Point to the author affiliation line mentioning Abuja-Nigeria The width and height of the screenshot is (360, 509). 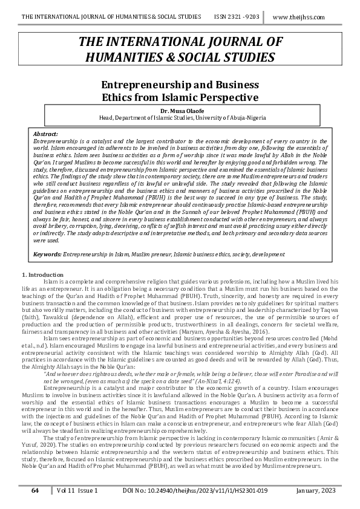click(180, 118)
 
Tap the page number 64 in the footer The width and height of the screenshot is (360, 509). click(35, 491)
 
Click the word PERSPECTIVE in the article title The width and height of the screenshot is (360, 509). click(225, 97)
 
